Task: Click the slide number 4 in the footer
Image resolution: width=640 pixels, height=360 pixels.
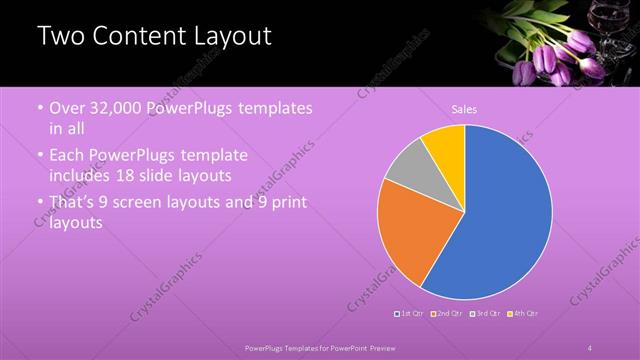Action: pyautogui.click(x=589, y=347)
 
